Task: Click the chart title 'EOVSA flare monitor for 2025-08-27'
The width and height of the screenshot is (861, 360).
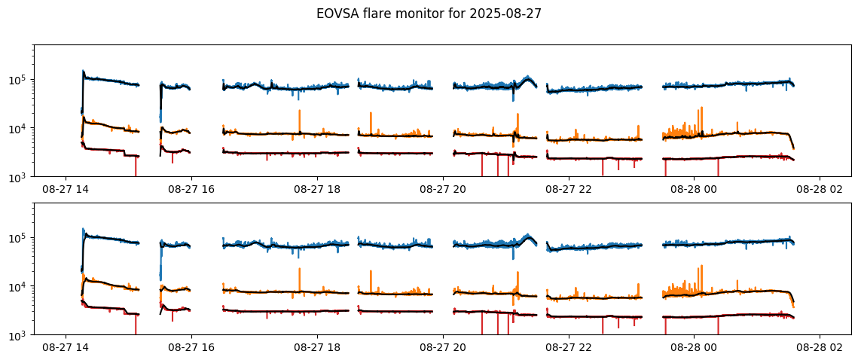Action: coord(429,14)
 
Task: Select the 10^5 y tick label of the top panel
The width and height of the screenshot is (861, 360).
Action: coord(19,80)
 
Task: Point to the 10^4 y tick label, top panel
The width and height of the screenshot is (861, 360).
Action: coord(19,129)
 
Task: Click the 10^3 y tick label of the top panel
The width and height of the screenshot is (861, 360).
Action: coord(19,177)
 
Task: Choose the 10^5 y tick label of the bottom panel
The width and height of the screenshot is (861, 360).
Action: coord(19,238)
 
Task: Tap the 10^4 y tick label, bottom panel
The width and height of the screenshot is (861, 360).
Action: coord(19,287)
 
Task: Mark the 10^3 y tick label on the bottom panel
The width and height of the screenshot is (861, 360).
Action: coord(19,335)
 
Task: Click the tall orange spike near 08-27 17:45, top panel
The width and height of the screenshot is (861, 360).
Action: coord(299,111)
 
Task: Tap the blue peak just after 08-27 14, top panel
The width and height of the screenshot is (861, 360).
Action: coord(83,72)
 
